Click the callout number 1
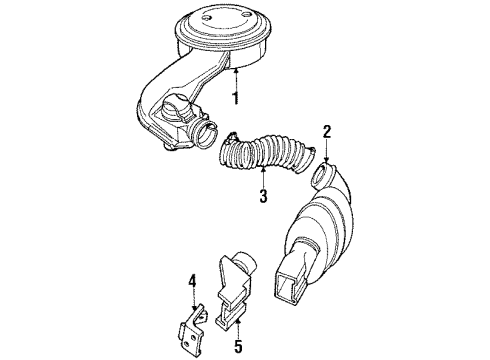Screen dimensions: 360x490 coord(235,99)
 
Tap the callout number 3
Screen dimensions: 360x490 coord(262,196)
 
